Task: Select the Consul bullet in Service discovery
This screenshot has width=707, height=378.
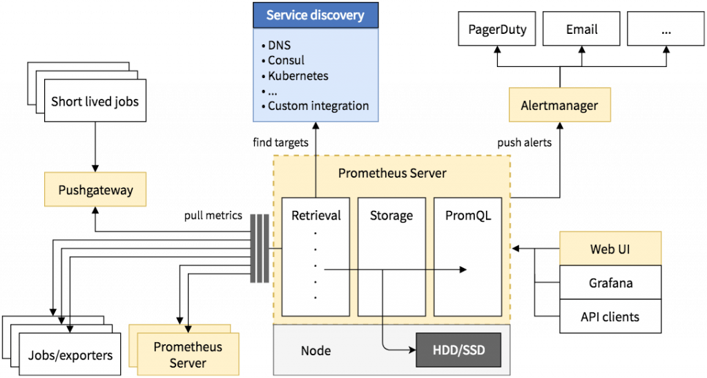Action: [286, 60]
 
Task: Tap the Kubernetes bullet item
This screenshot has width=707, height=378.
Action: [298, 75]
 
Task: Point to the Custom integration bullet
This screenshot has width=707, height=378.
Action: [318, 106]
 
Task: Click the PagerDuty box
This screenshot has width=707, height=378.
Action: [497, 30]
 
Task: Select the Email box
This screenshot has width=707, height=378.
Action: [581, 30]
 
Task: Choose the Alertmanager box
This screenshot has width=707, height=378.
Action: [560, 106]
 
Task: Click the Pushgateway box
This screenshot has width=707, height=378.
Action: [95, 190]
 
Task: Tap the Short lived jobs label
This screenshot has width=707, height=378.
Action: [95, 102]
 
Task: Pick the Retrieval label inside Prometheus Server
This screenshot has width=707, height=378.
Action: [316, 215]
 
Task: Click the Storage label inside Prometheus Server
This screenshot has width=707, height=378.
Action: [391, 216]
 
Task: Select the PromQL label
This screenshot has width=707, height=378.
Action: [468, 216]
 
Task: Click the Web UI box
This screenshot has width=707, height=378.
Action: [610, 249]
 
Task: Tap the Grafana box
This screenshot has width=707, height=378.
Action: [610, 283]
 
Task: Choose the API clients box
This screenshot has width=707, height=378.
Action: [610, 317]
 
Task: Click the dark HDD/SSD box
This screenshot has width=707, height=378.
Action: [458, 350]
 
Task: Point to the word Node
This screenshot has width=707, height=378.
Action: [316, 350]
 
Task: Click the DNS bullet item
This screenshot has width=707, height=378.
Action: [280, 46]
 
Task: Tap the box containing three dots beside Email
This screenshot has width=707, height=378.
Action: [666, 30]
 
